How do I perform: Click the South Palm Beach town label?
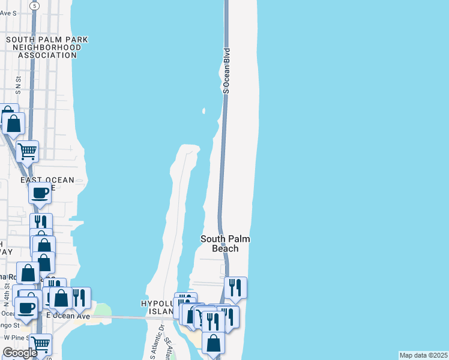pyautogui.click(x=224, y=244)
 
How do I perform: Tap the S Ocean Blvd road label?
pyautogui.click(x=226, y=71)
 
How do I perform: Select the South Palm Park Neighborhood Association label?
pyautogui.click(x=47, y=47)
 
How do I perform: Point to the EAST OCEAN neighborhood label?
pyautogui.click(x=47, y=180)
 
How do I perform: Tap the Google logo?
pyautogui.click(x=20, y=353)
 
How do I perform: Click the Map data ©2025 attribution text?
pyautogui.click(x=423, y=355)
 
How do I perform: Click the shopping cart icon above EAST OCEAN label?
pyautogui.click(x=27, y=151)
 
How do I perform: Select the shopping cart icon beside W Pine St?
pyautogui.click(x=40, y=344)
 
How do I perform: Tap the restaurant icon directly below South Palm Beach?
pyautogui.click(x=235, y=287)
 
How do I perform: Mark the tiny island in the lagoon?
pyautogui.click(x=204, y=111)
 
